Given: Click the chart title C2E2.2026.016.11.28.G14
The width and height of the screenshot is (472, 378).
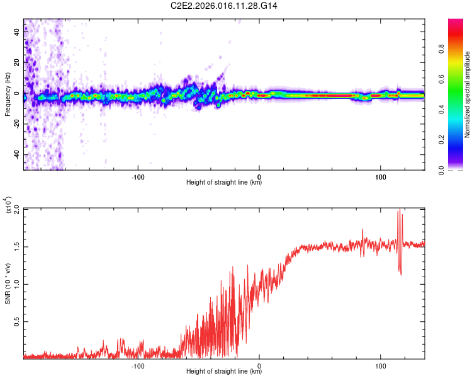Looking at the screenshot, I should pos(225,6).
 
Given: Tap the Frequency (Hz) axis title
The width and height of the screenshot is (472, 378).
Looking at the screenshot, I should pos(8,94).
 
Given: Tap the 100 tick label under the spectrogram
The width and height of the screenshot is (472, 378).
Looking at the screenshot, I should pos(380,176).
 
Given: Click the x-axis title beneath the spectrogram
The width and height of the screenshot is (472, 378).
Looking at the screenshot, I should pos(224,183).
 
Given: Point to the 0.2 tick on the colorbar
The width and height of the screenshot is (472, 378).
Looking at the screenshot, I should pos(460,140).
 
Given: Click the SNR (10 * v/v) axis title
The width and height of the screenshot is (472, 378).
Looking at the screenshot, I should pos(8,282).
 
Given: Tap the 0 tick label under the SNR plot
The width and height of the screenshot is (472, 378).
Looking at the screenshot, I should pos(260,365).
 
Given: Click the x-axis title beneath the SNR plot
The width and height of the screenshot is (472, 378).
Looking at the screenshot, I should pos(224,372).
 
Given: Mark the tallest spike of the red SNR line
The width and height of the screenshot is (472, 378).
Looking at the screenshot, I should pos(398,211).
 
